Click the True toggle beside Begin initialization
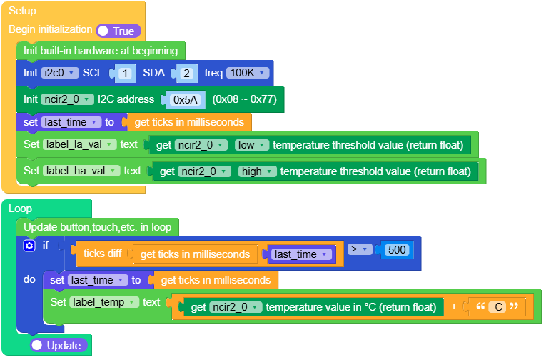(x=118, y=31)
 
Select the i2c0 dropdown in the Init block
(x=60, y=73)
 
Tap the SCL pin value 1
(x=125, y=73)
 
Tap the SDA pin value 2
(x=186, y=73)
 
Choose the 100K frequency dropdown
(x=248, y=73)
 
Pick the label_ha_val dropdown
(x=80, y=171)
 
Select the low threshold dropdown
(x=252, y=145)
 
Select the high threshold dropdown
(x=256, y=171)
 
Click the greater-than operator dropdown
(x=361, y=249)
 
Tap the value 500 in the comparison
(x=396, y=250)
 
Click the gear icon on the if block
(x=29, y=246)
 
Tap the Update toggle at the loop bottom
(x=59, y=345)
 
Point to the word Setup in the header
(x=22, y=11)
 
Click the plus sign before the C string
(x=455, y=307)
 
